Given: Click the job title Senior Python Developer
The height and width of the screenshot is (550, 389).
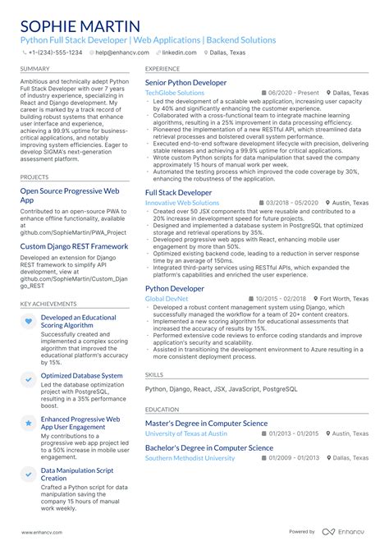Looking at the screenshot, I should click(x=185, y=83).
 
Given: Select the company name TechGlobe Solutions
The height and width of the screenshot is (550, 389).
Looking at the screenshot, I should click(x=175, y=93).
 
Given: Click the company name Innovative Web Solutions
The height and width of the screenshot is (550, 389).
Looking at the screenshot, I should click(x=181, y=202).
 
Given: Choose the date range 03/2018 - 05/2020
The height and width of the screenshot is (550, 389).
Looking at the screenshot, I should click(x=289, y=202).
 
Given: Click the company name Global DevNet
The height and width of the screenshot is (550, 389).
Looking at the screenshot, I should click(x=167, y=299).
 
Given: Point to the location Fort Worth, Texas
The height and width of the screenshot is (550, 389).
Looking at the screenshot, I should click(x=345, y=299).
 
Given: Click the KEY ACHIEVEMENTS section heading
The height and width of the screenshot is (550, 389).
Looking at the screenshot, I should click(x=48, y=304).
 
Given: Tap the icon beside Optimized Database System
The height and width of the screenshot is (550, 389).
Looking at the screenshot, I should click(x=29, y=377).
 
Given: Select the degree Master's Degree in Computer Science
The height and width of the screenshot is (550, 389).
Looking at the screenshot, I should click(x=206, y=424).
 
